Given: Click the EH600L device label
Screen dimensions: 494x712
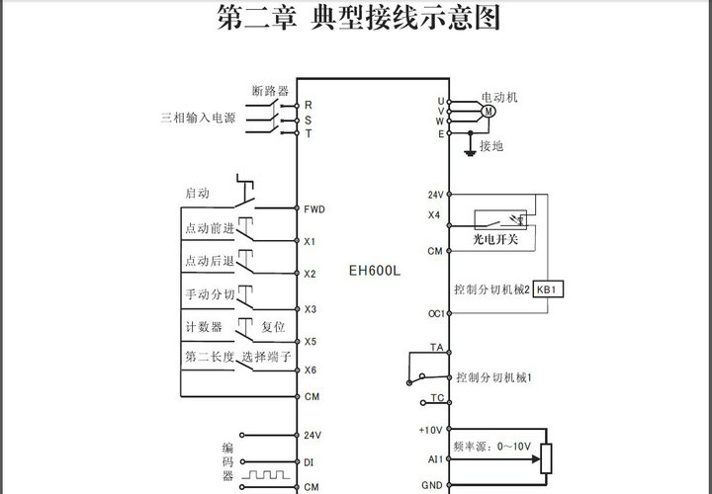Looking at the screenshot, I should (374, 269).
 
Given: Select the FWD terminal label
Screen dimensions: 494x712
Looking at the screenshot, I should (314, 209).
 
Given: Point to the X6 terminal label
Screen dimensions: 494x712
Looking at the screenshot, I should (310, 370).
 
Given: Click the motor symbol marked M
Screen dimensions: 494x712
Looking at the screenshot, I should (488, 112).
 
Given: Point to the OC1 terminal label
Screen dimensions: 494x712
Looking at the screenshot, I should (435, 313).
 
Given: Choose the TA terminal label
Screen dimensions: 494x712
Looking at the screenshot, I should (436, 348).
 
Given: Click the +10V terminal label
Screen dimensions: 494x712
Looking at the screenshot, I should (432, 430).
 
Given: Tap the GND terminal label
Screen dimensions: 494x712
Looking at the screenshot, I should (432, 485).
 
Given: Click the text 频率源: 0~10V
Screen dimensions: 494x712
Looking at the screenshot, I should (491, 446).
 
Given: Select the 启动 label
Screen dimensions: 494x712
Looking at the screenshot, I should (197, 193).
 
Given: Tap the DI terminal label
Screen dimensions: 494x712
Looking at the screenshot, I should (309, 461).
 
